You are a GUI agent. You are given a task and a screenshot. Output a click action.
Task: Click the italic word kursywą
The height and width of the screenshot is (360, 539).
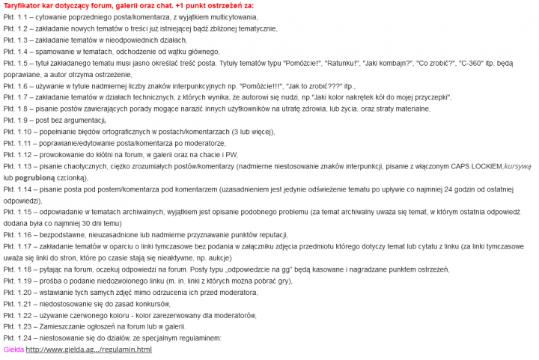click(517, 166)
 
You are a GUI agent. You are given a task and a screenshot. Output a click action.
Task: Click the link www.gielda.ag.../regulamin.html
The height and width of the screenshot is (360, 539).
click(88, 350)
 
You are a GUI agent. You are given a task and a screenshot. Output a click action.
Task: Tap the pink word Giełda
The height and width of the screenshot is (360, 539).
click(13, 350)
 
